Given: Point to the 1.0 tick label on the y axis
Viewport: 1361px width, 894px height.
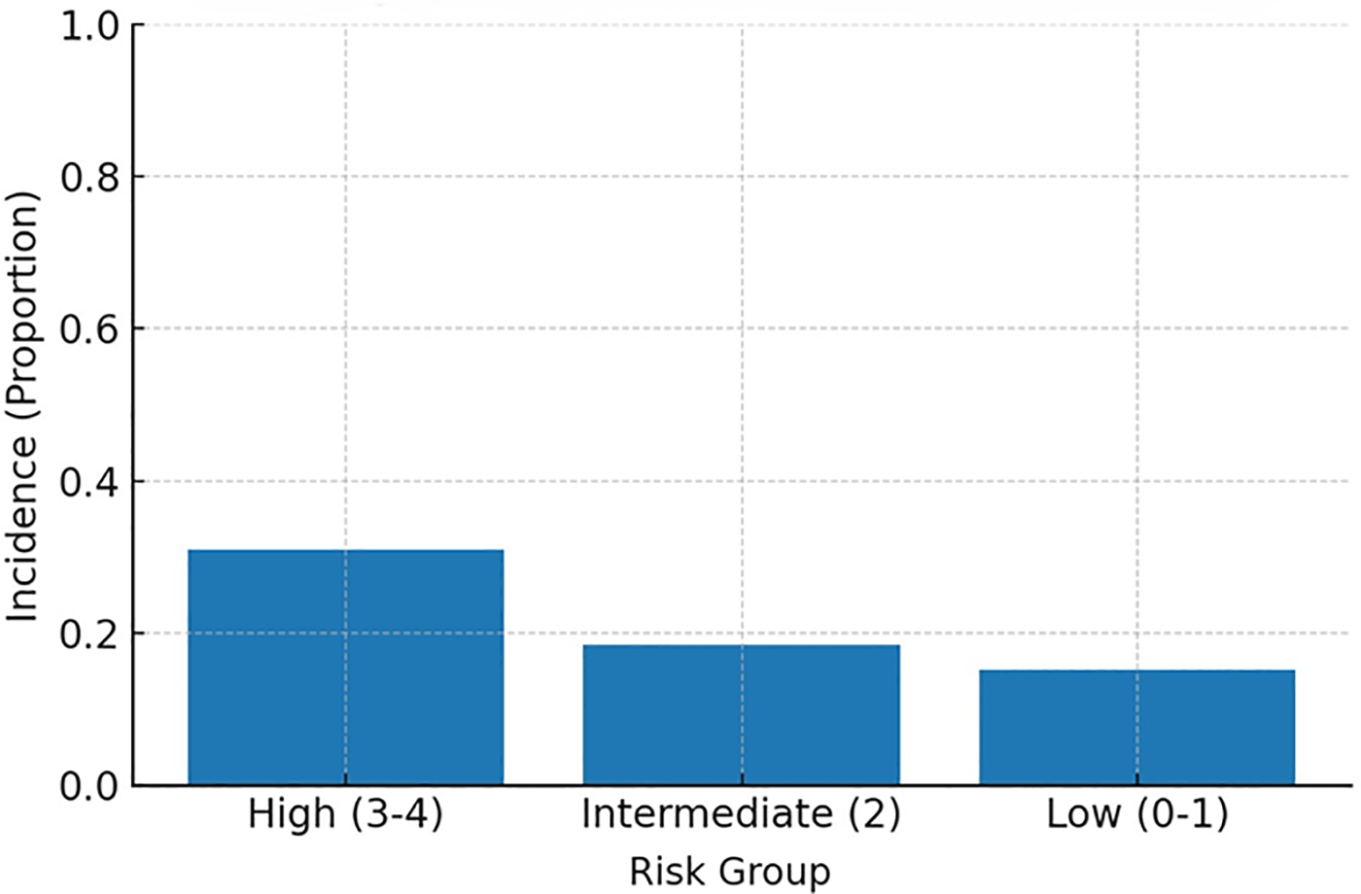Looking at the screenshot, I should pos(89,26).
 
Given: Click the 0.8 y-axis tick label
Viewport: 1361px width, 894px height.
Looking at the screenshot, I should pos(89,178).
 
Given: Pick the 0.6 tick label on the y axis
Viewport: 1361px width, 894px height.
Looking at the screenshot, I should pos(89,329).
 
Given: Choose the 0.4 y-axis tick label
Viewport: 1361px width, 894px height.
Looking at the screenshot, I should pos(89,482).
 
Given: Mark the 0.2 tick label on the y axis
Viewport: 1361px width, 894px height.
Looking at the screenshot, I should pos(89,634).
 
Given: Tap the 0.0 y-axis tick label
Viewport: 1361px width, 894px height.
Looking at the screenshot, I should pos(89,786).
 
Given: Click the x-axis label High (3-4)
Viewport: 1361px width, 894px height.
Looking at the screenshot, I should pos(345,814).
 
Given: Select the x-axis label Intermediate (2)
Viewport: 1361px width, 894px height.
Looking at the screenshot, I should pos(741,814).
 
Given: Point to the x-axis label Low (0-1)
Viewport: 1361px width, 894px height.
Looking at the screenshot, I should pos(1136,814).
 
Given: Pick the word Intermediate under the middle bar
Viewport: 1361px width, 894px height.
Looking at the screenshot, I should pos(707,814).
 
